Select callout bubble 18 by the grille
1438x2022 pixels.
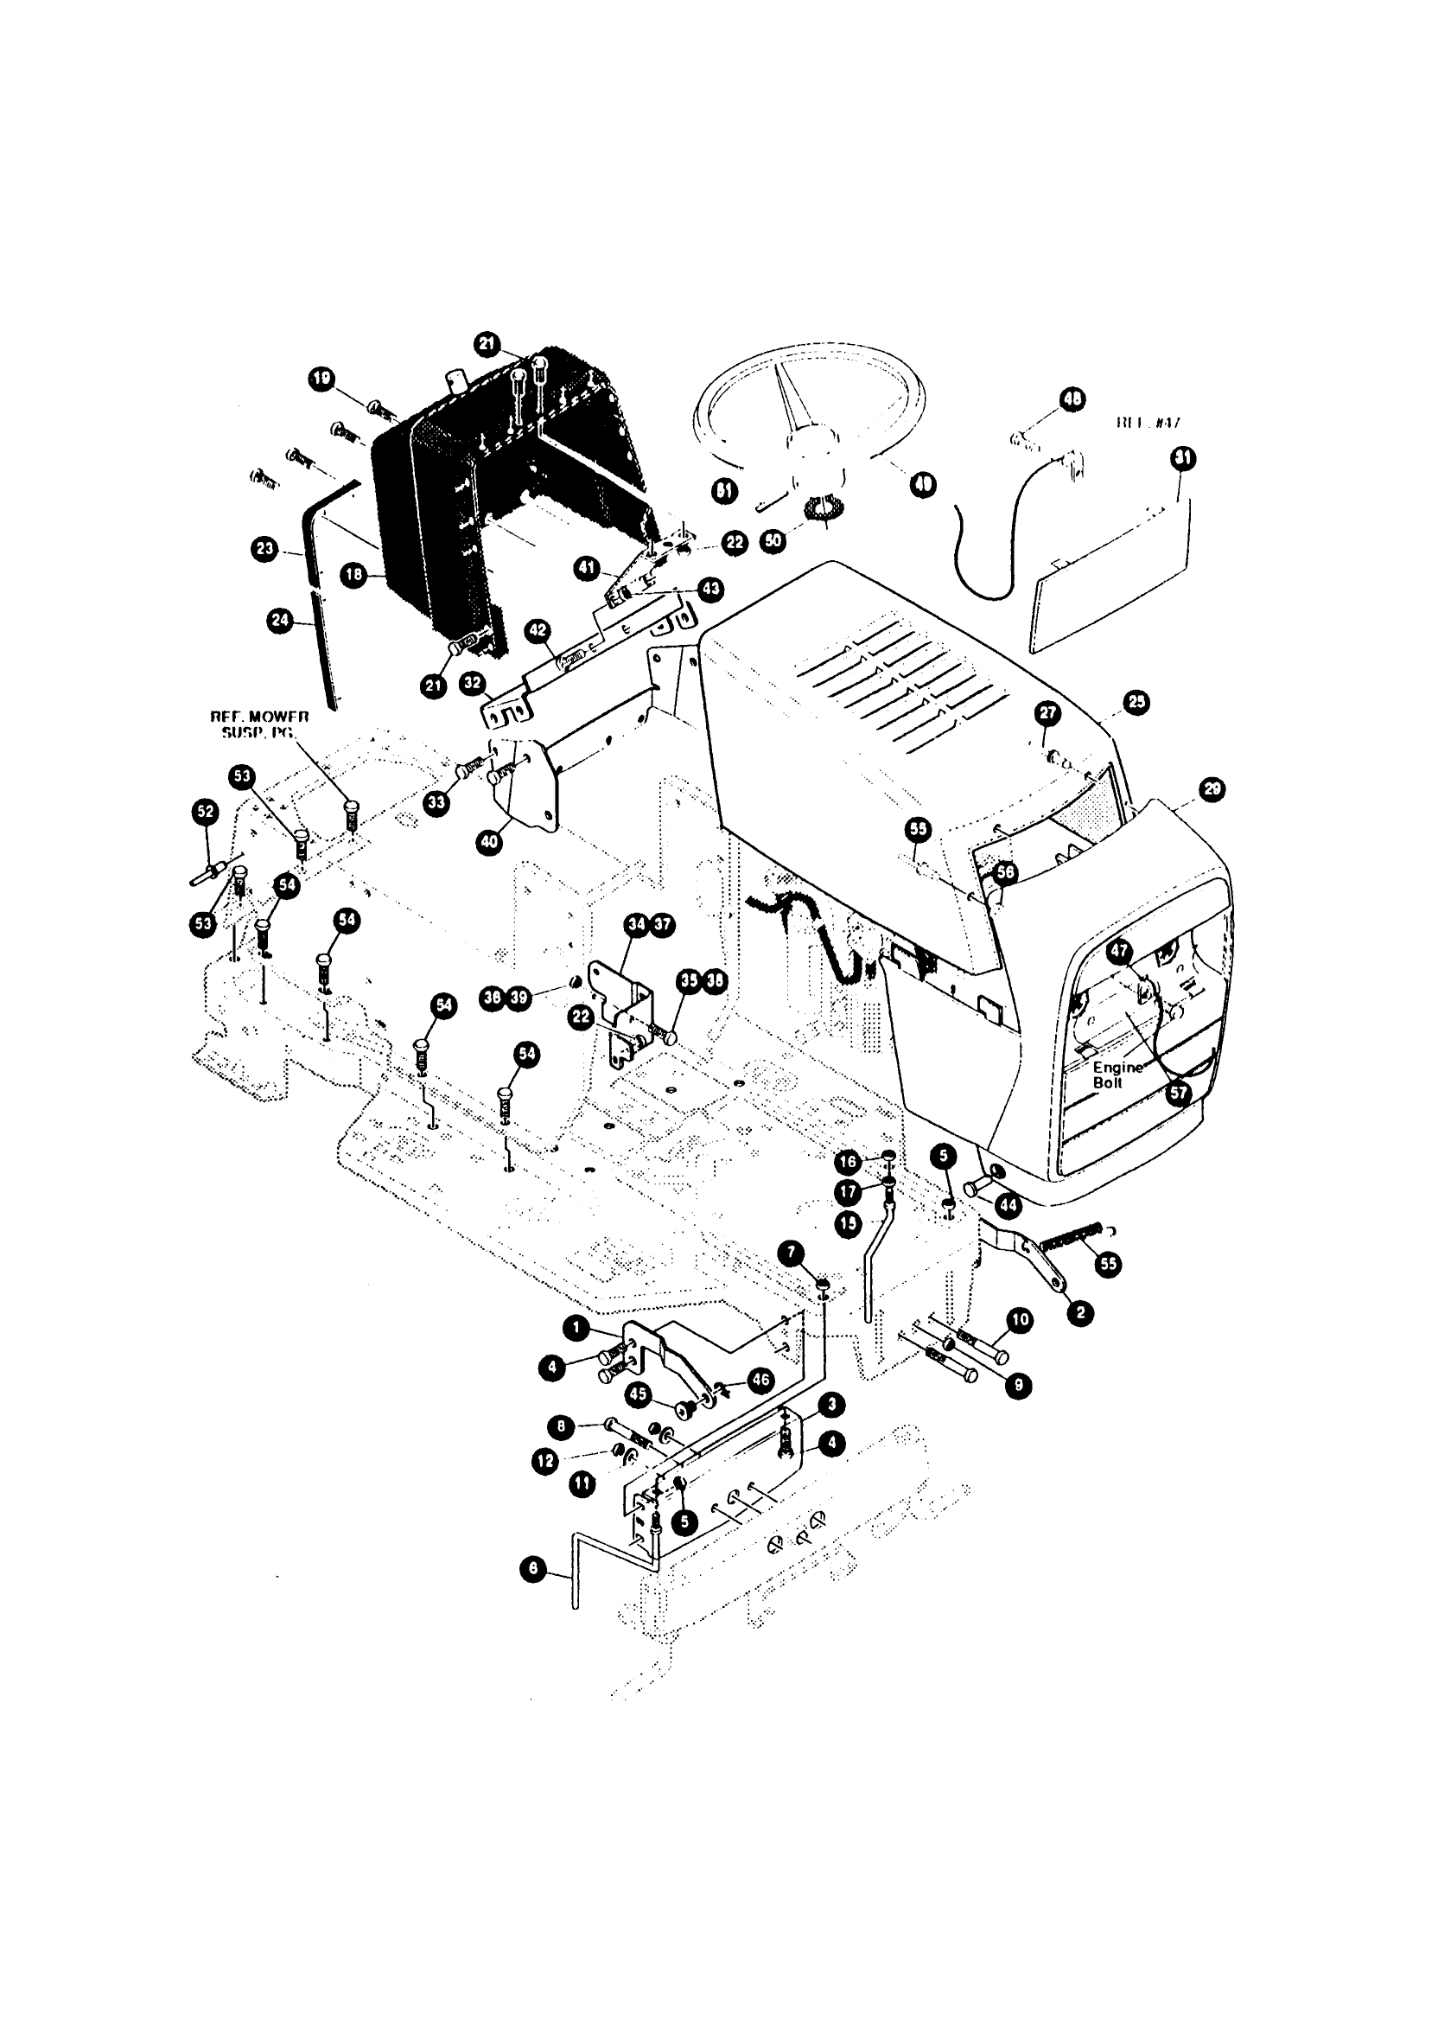pos(354,576)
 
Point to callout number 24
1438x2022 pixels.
pos(279,621)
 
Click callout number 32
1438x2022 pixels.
pos(473,683)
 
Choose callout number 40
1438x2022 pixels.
pos(489,842)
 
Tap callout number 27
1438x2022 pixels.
pos(1047,713)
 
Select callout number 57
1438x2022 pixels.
pos(1178,1093)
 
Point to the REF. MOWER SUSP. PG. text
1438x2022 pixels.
pos(258,724)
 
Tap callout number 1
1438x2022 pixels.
pos(576,1326)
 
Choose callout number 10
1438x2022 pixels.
pos(1020,1321)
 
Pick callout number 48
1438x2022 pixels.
pos(1072,400)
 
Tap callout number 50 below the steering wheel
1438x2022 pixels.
pos(775,541)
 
